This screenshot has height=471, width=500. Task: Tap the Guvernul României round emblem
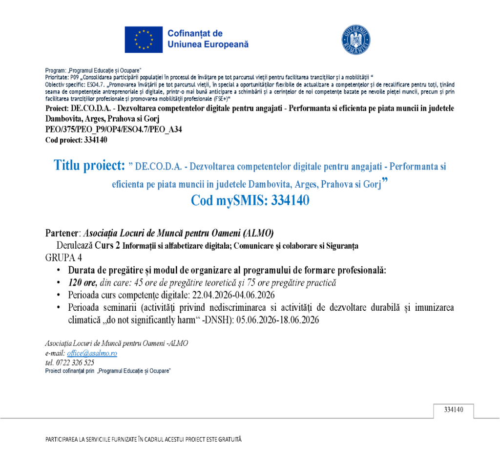tap(355, 40)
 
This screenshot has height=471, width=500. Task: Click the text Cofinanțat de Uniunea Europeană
tap(208, 39)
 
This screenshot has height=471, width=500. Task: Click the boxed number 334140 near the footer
tap(453, 409)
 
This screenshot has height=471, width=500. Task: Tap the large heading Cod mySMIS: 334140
tap(250, 201)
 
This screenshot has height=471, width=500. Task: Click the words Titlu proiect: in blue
tap(89, 166)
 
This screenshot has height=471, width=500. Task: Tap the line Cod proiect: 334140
tap(76, 140)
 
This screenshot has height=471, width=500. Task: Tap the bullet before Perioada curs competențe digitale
tap(59, 295)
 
